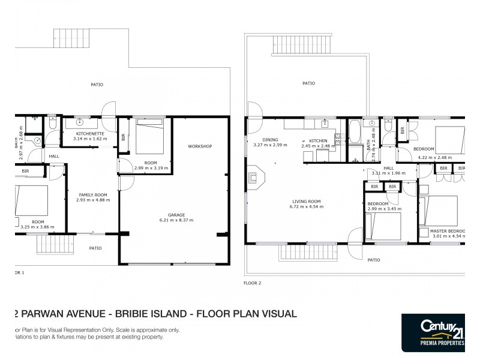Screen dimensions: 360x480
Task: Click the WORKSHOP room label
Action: tap(200, 146)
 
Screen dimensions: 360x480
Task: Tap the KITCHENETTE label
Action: tap(90, 133)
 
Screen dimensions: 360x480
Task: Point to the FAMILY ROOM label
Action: tap(93, 194)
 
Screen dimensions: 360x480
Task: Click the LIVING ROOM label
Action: tap(306, 201)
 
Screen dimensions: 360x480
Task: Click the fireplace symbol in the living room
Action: tap(254, 177)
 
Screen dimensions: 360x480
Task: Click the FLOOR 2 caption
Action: tap(253, 282)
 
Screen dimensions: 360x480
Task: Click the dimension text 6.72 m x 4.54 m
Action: tap(306, 206)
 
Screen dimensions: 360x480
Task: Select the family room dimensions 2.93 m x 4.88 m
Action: tap(93, 200)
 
